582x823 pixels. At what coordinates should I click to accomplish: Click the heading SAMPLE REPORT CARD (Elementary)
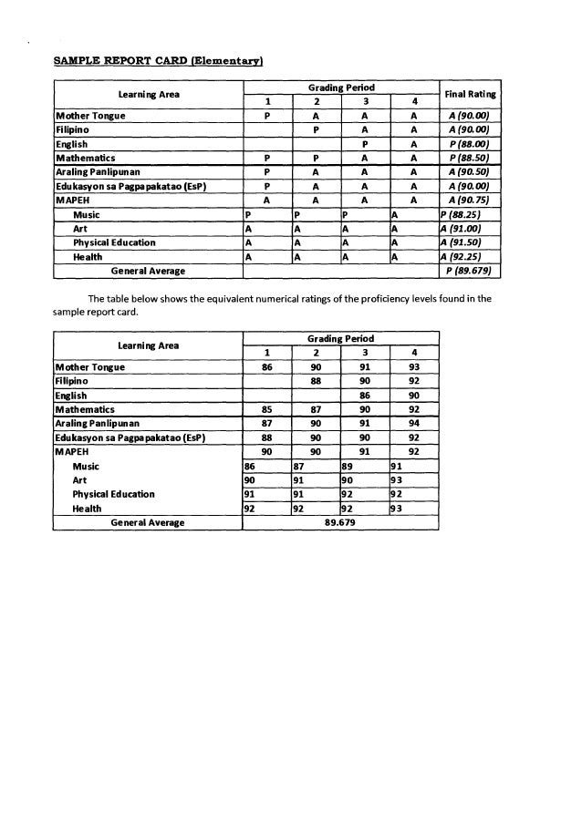[x=159, y=60]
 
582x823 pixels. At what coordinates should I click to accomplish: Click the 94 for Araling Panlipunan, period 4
[x=413, y=423]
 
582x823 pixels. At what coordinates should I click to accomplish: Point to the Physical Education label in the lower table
[x=113, y=494]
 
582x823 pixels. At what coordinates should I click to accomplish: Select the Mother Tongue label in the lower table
[x=90, y=367]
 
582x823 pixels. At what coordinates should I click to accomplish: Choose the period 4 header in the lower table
[x=413, y=353]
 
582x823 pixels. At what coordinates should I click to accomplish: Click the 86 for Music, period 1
[x=250, y=466]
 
